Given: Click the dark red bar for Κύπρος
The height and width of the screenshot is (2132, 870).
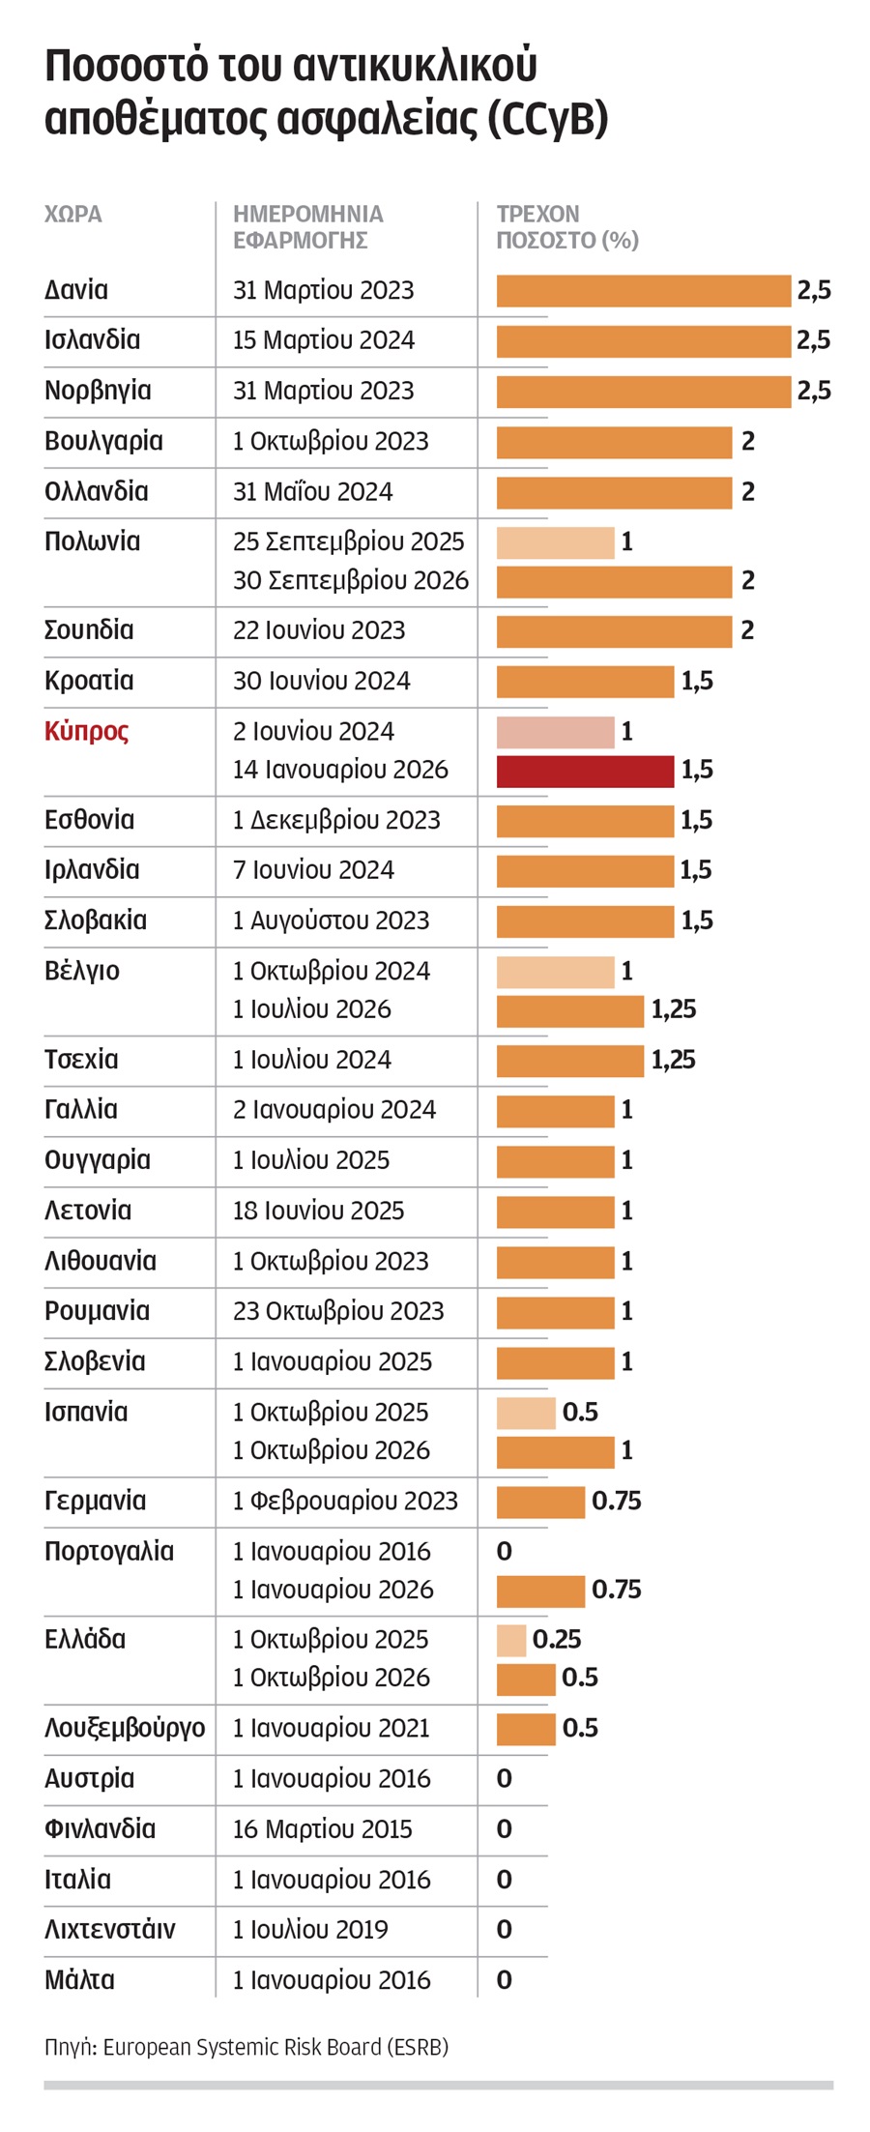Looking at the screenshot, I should point(585,771).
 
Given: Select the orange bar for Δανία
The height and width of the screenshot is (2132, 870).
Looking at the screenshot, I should point(643,291).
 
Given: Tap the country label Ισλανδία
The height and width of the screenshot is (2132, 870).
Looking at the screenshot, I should point(93,340).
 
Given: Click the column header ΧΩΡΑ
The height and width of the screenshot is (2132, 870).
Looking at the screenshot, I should point(73,214).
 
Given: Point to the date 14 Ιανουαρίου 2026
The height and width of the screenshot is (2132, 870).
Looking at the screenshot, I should point(340,771).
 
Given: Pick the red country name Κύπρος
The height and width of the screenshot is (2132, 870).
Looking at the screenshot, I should point(87,731).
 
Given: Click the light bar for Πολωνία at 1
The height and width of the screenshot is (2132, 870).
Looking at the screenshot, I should point(555,542).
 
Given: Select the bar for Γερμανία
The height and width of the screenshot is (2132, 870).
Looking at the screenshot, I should point(540,1502).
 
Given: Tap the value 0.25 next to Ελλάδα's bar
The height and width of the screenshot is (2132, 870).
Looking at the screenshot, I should point(557,1639).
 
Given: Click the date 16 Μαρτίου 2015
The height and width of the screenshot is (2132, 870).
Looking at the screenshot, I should point(322,1829).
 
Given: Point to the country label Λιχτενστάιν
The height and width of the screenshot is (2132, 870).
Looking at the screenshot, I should point(110,1930).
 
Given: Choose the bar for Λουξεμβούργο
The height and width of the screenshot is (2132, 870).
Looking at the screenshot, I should point(526,1729).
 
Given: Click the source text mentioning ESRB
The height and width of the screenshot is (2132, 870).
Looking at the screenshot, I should point(246,2047).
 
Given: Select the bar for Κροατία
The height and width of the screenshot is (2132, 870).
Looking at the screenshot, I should point(585,682).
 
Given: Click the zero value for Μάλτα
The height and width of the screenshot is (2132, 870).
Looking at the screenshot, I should point(504,1980).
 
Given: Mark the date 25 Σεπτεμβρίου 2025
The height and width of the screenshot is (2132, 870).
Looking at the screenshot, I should point(348,542).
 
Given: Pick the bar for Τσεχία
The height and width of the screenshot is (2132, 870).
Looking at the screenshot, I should point(569,1061).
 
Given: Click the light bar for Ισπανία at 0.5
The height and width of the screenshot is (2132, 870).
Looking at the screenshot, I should point(526,1413).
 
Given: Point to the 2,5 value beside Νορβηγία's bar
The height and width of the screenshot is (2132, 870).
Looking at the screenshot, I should point(814,392).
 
